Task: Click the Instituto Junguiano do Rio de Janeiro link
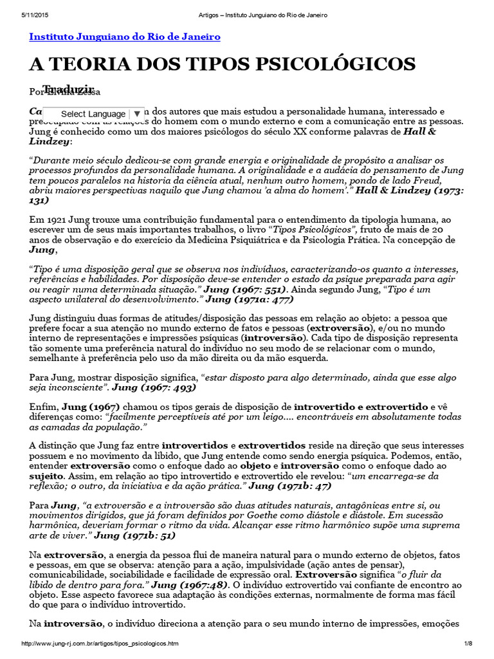(125, 37)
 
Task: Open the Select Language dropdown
(94, 114)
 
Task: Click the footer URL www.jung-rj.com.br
(100, 644)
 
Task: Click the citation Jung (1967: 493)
(154, 388)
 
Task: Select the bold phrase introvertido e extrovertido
(361, 407)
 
